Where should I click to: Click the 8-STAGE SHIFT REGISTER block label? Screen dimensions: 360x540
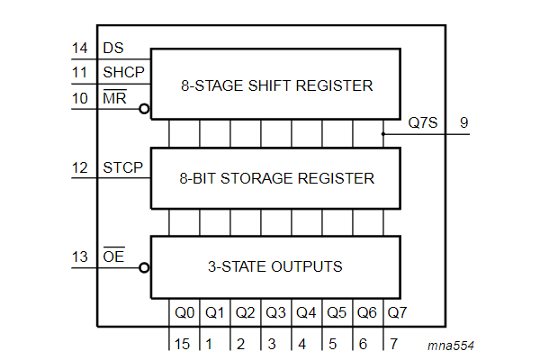(x=275, y=86)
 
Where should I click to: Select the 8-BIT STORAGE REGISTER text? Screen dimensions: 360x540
(x=275, y=178)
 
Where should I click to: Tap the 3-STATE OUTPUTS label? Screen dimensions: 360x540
(x=275, y=266)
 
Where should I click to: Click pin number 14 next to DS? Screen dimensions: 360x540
(x=79, y=48)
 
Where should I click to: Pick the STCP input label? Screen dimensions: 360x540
(x=122, y=167)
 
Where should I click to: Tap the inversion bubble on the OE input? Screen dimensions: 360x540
(x=145, y=267)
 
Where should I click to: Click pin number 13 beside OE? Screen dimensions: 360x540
(x=79, y=259)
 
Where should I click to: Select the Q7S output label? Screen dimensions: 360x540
(x=422, y=123)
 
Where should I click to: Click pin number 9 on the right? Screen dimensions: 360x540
(x=463, y=123)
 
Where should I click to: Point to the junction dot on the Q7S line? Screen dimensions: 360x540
(x=384, y=134)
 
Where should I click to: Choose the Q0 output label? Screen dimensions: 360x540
(x=184, y=313)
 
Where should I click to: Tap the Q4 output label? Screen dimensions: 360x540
(x=306, y=313)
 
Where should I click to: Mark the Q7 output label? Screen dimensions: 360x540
(x=397, y=313)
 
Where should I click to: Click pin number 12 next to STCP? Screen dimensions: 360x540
(x=79, y=167)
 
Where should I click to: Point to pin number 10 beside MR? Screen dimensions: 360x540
(x=79, y=98)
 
